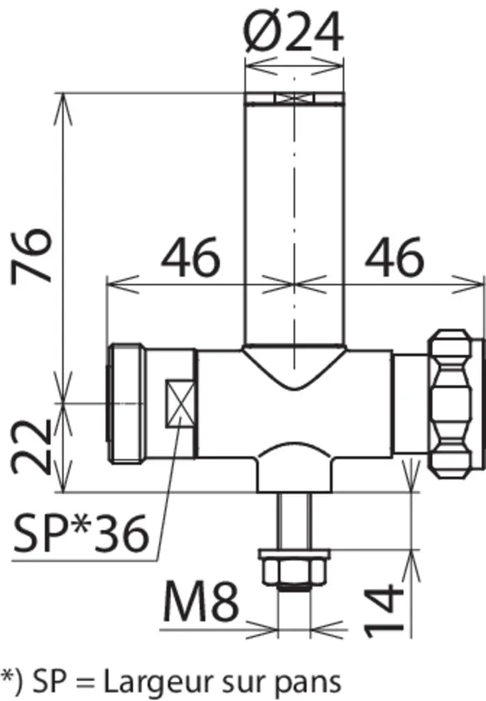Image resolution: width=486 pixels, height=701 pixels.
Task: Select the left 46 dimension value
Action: [x=191, y=257]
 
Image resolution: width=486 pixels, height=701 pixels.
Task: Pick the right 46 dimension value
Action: [x=394, y=257]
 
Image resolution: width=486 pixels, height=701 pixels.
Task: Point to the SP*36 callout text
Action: [x=81, y=533]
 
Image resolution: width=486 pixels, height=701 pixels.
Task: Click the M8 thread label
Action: [x=201, y=601]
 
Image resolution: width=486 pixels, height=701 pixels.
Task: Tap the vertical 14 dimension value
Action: [x=384, y=610]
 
